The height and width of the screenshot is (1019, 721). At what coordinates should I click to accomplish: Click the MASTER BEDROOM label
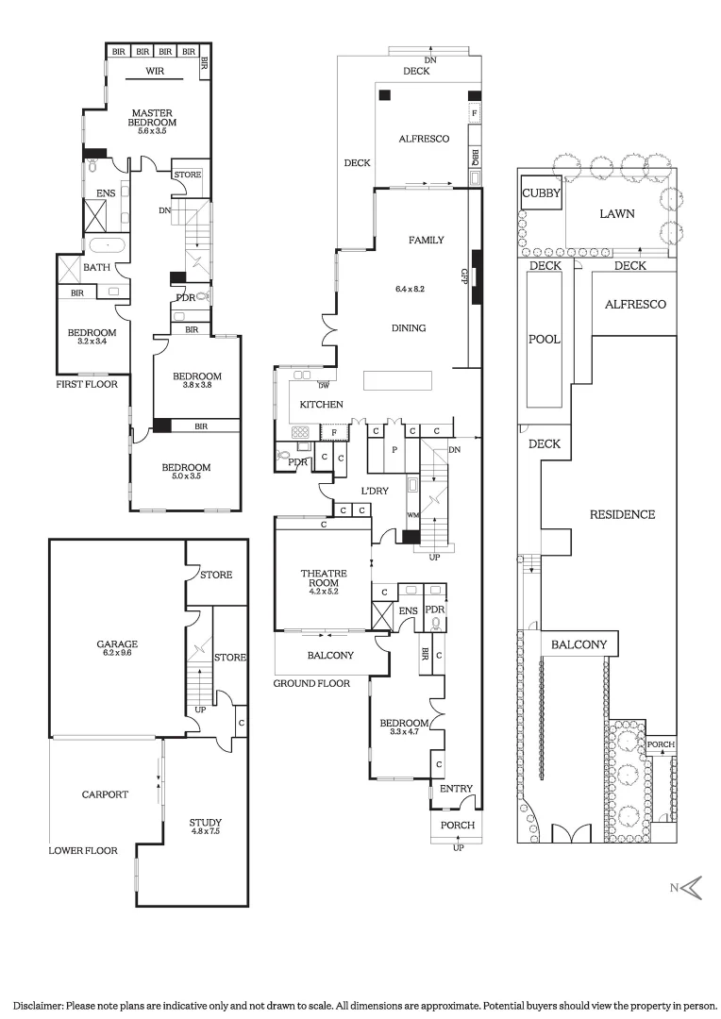coord(151,118)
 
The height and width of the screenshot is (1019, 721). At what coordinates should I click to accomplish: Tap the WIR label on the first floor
coord(156,71)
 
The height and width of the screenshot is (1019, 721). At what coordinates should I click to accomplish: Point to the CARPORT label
coord(104,794)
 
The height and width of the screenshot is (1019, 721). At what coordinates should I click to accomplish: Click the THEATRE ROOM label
coord(324,578)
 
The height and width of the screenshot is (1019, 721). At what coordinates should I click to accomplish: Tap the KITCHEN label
coord(321,404)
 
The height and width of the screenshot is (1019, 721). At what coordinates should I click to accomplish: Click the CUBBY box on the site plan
coord(542,194)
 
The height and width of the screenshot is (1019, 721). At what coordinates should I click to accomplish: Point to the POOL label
coord(545,340)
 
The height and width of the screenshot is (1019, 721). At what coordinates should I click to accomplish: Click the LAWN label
coord(617,213)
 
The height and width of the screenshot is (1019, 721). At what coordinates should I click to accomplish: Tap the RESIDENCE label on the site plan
coord(622,514)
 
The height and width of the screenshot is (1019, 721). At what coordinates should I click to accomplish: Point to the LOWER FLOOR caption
coord(83,850)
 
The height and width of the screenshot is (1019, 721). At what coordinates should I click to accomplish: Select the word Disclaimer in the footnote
coord(32,1006)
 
